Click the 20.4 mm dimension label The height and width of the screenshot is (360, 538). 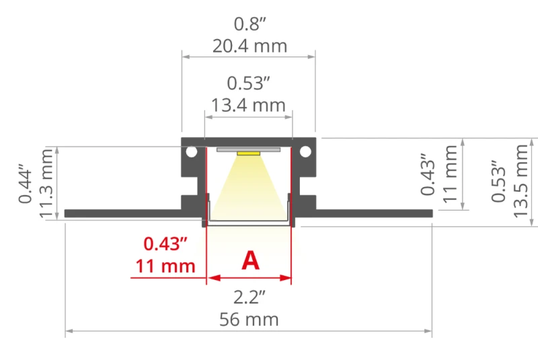click(249, 46)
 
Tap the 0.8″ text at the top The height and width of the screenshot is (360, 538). click(249, 24)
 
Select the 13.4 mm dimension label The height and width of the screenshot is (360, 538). click(248, 105)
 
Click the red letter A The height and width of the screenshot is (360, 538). click(250, 260)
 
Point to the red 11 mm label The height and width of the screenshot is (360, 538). click(165, 266)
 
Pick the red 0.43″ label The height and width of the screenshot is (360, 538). click(165, 244)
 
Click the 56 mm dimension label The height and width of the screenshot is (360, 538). click(249, 320)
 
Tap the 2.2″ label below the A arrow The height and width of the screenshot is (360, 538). click(249, 297)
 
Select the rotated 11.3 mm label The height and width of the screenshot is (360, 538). click(46, 184)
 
